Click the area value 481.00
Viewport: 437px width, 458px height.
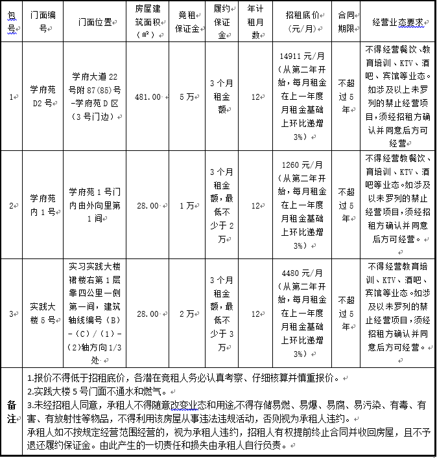coord(147,97)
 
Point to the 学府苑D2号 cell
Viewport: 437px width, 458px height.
coord(43,97)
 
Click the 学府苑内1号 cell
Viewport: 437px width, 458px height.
coord(43,205)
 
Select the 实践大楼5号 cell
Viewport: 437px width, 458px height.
coord(43,314)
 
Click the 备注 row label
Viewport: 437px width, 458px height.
coord(12,411)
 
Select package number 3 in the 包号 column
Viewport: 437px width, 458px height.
coord(12,314)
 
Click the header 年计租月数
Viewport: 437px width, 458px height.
coord(255,23)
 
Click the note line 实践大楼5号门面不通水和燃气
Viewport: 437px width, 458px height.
coord(97,391)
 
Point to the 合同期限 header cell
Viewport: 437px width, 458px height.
coord(346,23)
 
